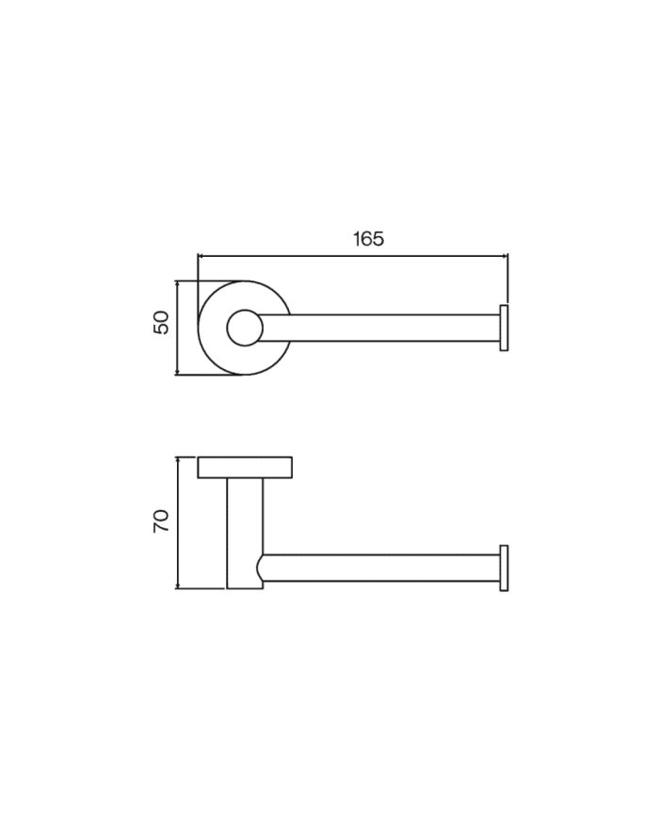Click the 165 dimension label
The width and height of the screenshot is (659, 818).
(x=368, y=239)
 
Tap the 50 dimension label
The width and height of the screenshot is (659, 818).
(x=162, y=323)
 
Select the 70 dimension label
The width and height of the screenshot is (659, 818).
(x=162, y=521)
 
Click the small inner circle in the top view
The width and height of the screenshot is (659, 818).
(x=245, y=328)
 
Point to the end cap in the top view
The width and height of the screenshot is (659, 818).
(x=504, y=328)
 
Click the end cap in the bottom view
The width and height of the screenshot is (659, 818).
(x=504, y=569)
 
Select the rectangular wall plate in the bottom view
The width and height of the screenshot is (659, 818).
(x=245, y=468)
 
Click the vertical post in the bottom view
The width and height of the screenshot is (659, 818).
(x=245, y=533)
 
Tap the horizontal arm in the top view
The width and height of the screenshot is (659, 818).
(x=379, y=329)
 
